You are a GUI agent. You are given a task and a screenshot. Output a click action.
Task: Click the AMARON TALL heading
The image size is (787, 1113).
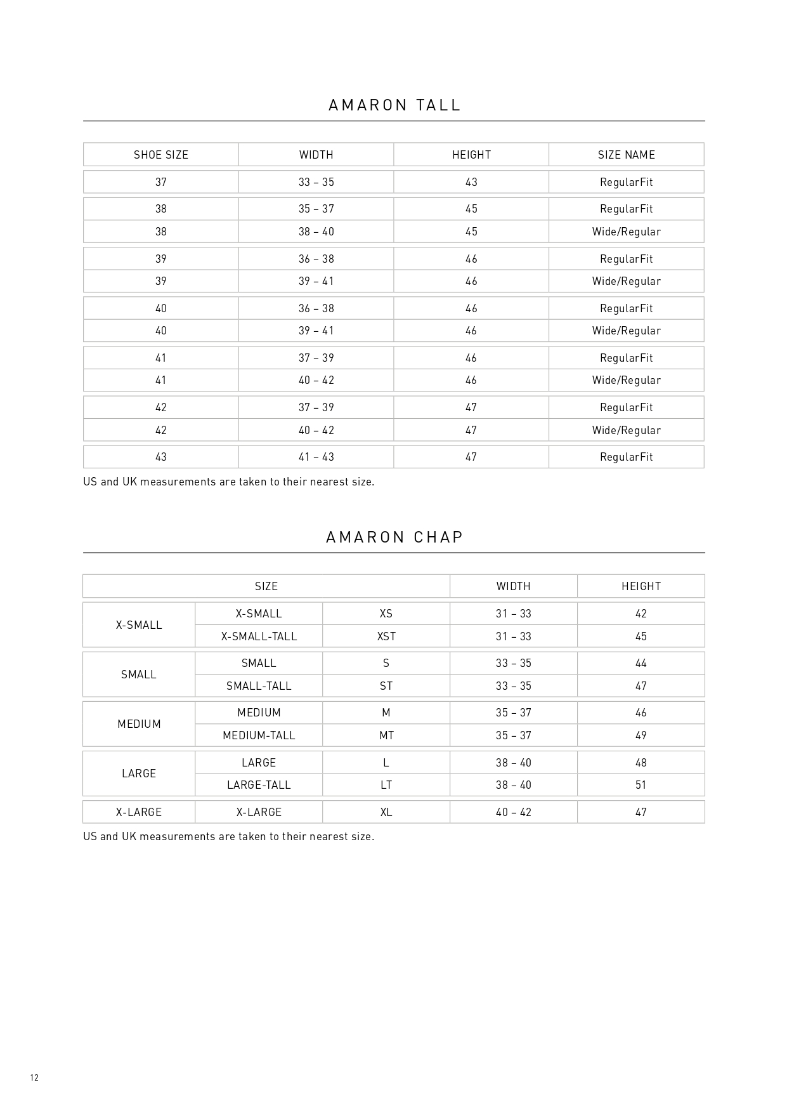(394, 105)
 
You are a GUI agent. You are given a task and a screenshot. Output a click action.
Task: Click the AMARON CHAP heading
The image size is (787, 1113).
(394, 537)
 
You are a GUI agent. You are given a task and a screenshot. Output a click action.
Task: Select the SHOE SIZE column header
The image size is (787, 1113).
(161, 155)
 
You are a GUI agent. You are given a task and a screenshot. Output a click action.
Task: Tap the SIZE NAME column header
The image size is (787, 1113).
(626, 155)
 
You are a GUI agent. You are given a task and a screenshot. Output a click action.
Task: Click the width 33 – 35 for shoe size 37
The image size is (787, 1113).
(316, 182)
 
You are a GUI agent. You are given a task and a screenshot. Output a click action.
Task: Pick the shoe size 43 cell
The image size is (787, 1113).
(161, 457)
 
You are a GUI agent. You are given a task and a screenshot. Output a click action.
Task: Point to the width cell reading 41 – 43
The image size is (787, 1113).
(316, 457)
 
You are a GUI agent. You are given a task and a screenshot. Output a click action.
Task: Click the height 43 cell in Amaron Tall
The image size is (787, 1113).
(471, 182)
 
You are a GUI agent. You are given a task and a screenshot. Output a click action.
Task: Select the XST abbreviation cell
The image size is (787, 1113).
(386, 636)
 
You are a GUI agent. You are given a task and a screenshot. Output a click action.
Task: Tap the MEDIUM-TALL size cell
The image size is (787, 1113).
(259, 735)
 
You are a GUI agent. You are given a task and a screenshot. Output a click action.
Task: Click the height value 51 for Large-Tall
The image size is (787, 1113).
(641, 785)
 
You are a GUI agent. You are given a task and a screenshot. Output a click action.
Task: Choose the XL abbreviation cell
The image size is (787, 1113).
(386, 812)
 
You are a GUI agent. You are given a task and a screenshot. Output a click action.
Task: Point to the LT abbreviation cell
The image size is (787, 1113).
(386, 785)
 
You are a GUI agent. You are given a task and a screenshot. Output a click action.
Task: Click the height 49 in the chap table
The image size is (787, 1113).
(641, 735)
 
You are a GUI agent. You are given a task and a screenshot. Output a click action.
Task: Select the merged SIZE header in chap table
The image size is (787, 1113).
(266, 586)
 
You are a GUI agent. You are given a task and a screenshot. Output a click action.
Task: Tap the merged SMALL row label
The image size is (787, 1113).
(139, 675)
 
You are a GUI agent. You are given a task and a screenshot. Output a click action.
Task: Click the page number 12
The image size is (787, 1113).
(34, 1077)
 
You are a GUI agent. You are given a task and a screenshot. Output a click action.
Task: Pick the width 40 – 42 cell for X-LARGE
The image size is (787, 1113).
(514, 812)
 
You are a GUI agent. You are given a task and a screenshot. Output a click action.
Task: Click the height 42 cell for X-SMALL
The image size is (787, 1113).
(641, 614)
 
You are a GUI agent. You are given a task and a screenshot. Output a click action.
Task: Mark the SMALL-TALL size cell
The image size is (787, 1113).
(259, 686)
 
